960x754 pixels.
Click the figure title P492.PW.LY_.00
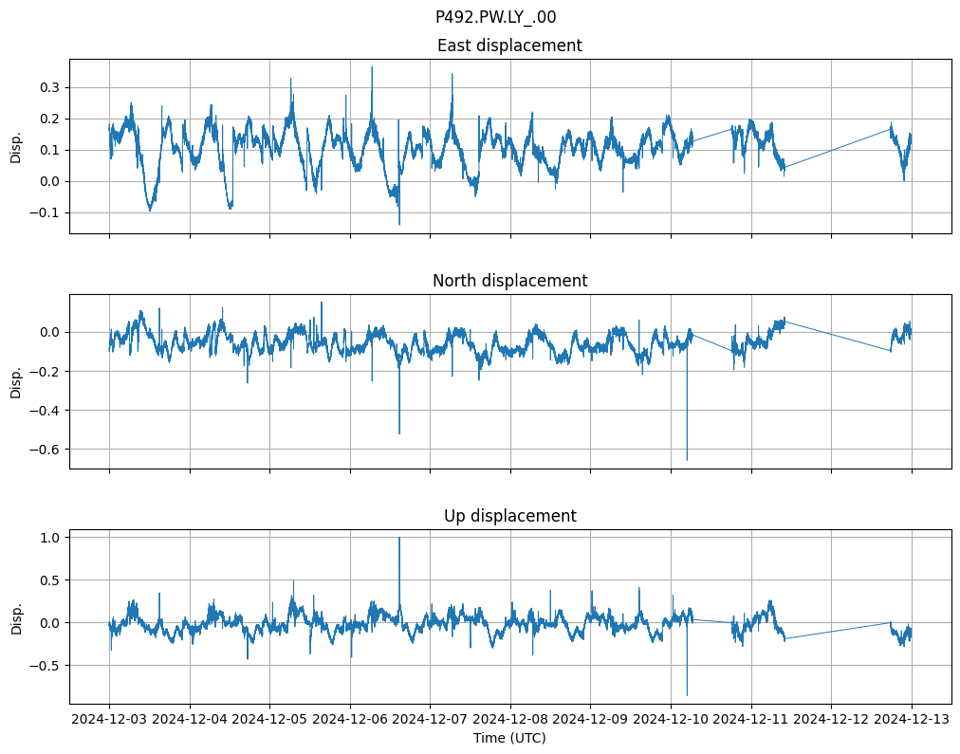(495, 17)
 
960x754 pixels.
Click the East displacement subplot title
(509, 46)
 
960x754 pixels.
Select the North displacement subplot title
(509, 281)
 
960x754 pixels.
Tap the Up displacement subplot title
(509, 516)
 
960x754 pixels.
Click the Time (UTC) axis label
(509, 738)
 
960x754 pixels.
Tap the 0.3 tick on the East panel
(49, 87)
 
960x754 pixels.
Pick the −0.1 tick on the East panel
(46, 212)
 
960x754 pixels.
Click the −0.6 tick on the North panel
(46, 450)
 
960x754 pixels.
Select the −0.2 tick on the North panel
(46, 371)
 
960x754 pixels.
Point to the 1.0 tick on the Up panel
(49, 538)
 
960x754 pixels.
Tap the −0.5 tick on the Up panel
(46, 666)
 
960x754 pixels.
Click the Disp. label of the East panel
(16, 146)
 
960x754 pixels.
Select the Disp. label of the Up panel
(16, 616)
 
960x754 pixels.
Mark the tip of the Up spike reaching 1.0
(399, 538)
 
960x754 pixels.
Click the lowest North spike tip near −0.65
(687, 460)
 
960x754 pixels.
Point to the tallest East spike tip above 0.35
(372, 66)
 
